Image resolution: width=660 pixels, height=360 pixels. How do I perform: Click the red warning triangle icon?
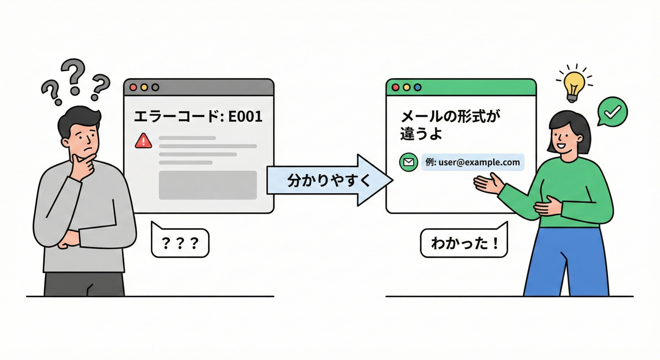point(143,141)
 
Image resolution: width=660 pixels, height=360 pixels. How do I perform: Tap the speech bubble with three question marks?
point(180,243)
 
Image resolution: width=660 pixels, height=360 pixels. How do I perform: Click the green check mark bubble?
point(612,111)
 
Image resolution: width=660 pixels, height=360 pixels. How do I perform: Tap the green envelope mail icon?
point(408,162)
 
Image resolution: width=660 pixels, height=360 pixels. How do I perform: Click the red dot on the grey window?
point(133,87)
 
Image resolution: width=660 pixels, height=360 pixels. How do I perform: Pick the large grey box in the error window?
point(208,185)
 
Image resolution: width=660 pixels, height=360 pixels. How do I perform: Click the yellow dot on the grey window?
point(144,87)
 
